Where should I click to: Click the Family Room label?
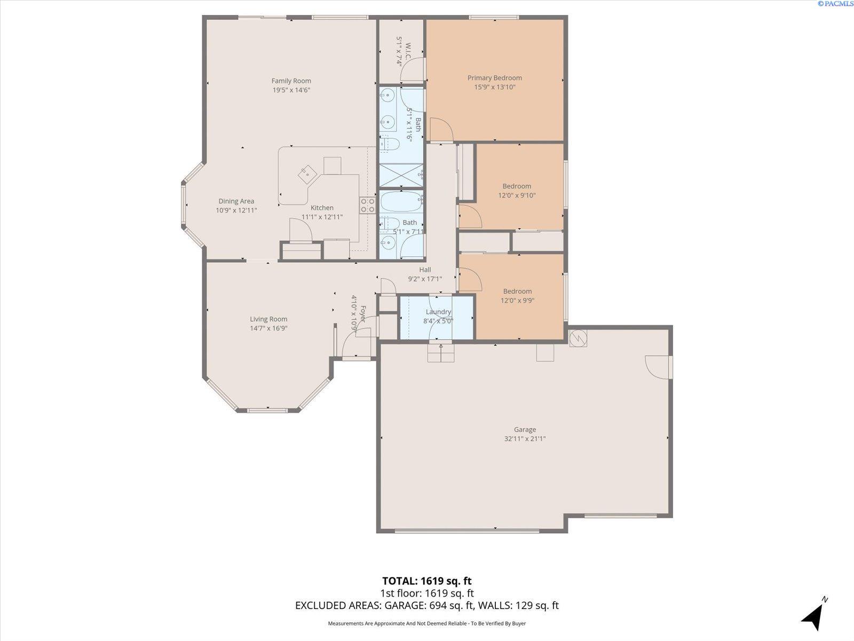point(291,81)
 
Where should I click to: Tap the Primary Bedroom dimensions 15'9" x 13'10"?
point(494,87)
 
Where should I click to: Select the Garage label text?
point(525,429)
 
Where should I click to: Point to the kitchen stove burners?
point(367,205)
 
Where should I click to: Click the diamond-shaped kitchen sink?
point(307,174)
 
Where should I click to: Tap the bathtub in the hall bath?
point(401,201)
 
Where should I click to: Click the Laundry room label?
point(438,312)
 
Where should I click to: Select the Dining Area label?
point(236,201)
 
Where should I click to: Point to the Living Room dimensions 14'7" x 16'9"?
point(268,328)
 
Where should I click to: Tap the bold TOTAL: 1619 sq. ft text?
point(427,581)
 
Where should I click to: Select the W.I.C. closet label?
point(408,52)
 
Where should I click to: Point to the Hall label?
point(425,270)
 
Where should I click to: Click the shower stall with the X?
point(401,176)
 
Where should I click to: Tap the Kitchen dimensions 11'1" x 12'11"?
point(322,217)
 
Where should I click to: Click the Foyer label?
point(362,314)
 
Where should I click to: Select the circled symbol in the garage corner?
point(578,338)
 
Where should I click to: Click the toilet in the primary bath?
point(390,144)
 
